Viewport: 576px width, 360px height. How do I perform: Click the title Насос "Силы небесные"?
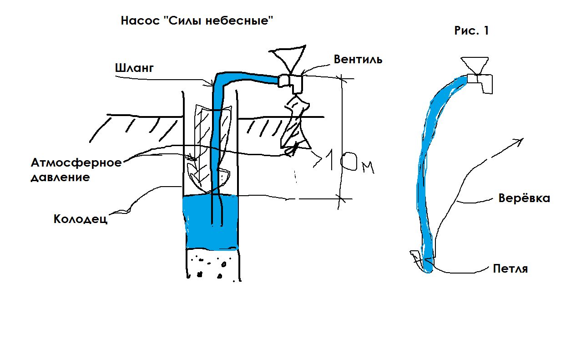pos(198,20)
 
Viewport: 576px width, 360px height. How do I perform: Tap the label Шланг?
pos(135,68)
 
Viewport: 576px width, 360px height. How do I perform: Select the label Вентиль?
pos(358,59)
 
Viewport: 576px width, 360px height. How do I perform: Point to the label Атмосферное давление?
pos(76,170)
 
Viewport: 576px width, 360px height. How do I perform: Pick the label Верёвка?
pos(524,198)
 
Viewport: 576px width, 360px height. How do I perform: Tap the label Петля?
pos(510,268)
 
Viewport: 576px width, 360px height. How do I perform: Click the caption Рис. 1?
pos(471,31)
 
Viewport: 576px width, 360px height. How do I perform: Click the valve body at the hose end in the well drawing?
pos(291,82)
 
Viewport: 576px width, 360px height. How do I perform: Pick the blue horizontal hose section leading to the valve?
pos(255,78)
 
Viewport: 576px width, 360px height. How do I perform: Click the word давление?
pos(60,177)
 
